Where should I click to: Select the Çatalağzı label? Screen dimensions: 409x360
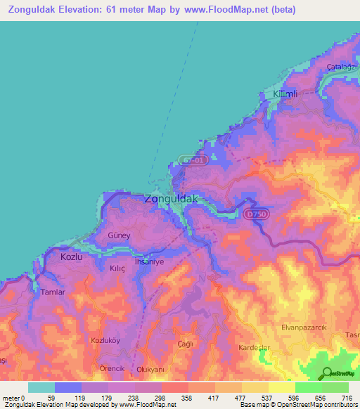(x=342, y=67)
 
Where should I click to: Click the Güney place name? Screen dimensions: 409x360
(x=119, y=235)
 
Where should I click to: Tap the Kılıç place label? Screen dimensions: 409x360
(x=115, y=268)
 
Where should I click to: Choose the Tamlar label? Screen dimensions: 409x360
(x=53, y=292)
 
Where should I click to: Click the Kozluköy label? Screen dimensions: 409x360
(x=107, y=340)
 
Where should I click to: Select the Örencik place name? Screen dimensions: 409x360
(x=111, y=368)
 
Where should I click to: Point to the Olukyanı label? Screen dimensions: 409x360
(x=150, y=369)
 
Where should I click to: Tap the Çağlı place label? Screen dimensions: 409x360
(x=185, y=343)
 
